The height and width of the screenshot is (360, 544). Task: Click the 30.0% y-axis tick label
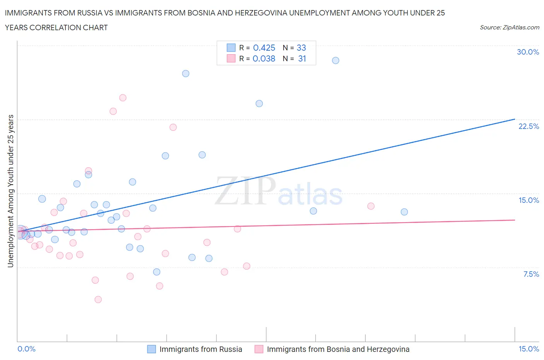[x=528, y=52]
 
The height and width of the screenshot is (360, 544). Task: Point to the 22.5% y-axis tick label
[x=529, y=126]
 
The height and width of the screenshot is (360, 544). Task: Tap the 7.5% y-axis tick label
[x=531, y=274]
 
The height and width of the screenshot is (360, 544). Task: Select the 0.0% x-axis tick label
[x=27, y=349]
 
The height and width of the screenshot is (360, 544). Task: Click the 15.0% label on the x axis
[x=529, y=349]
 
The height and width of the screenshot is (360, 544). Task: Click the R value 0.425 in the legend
[x=264, y=48]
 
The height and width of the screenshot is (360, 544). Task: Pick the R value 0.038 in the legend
[x=264, y=58]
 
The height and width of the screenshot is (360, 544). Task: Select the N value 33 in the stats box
[x=301, y=48]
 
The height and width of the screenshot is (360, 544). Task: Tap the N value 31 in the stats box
[x=302, y=58]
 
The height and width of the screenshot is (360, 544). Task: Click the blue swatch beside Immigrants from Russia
[x=152, y=349]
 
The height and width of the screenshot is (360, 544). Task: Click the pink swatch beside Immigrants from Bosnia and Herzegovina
[x=259, y=349]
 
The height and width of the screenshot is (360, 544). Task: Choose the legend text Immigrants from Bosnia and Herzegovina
[x=338, y=349]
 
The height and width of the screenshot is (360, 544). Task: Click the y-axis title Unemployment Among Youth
[x=10, y=191]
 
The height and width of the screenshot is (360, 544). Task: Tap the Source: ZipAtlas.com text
[x=509, y=27]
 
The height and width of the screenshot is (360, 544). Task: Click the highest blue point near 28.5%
[x=335, y=60]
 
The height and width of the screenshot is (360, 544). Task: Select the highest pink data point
[x=123, y=98]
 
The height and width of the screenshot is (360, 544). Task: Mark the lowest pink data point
[x=98, y=300]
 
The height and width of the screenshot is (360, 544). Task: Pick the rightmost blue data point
[x=404, y=212]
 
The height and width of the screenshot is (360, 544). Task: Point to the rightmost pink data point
[x=371, y=206]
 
